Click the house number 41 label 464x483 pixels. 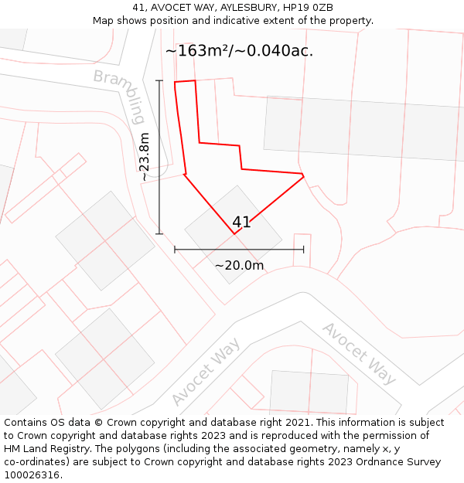241,223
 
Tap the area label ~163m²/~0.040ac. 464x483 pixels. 239,51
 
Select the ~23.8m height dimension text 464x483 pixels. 145,157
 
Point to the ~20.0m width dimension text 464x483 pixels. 239,266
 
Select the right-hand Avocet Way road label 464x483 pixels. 359,353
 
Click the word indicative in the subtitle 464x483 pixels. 235,21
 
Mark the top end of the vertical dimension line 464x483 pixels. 160,80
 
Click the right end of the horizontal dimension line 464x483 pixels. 303,250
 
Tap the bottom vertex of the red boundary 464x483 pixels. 234,233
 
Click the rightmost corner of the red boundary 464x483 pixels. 303,175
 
